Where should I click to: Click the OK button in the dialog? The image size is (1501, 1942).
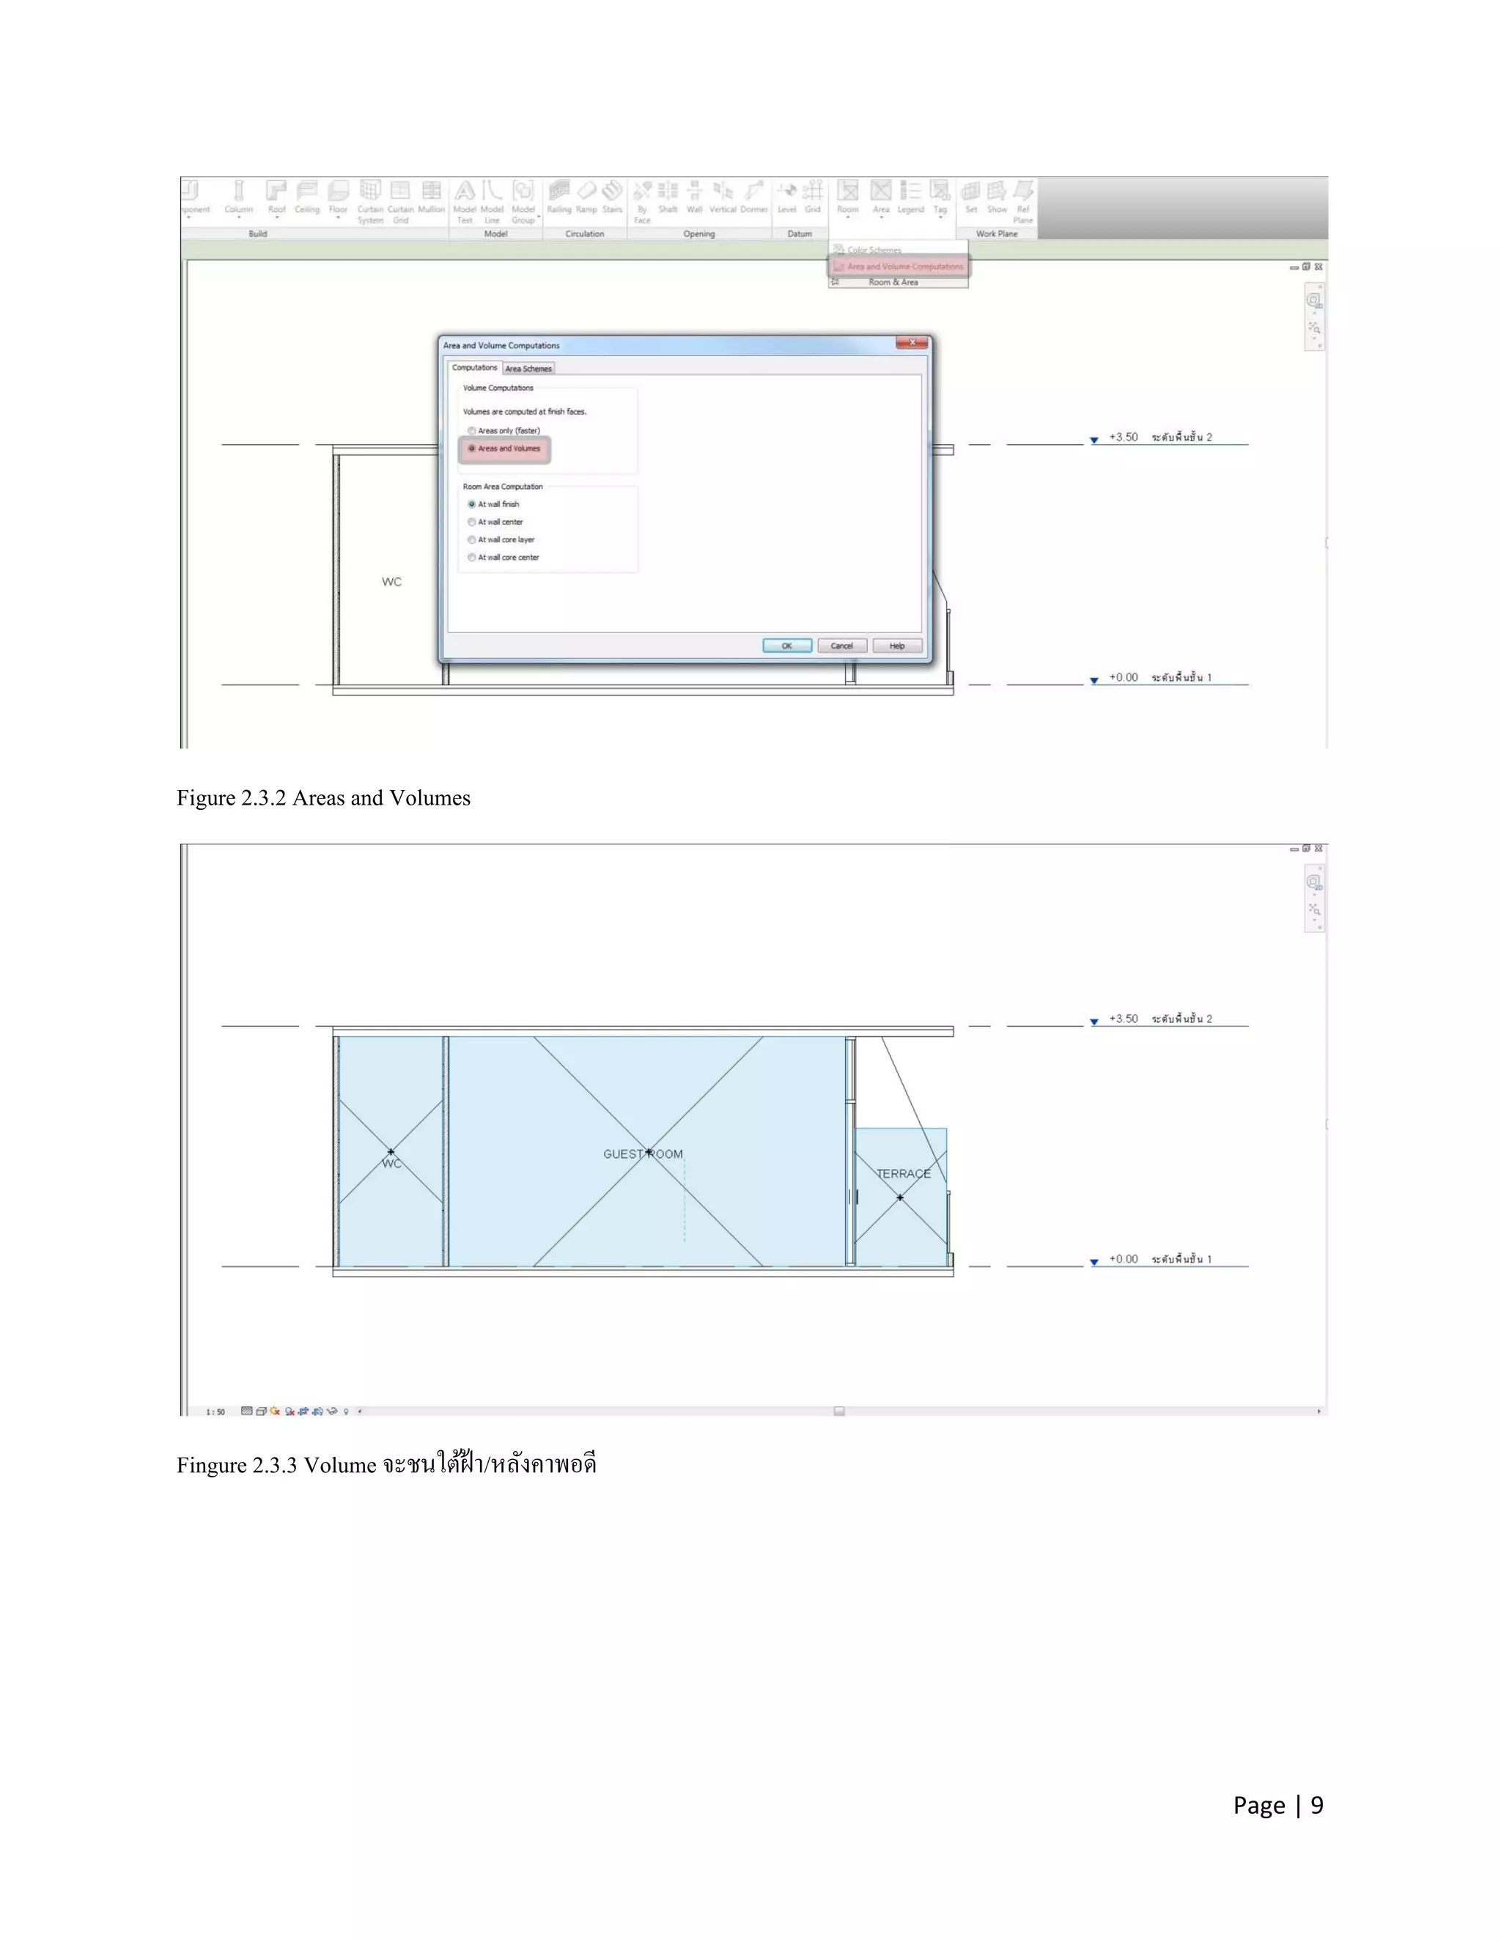(x=787, y=646)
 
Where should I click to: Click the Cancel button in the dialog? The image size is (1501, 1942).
(x=841, y=646)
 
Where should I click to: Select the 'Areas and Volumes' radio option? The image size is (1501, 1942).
(x=472, y=449)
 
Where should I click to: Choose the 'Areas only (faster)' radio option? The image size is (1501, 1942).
(x=472, y=431)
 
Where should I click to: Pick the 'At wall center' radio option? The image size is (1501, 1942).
(x=472, y=522)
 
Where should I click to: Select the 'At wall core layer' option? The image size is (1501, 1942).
(x=472, y=540)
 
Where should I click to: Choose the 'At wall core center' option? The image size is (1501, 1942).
(x=472, y=558)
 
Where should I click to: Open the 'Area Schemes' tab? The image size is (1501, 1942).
(x=528, y=368)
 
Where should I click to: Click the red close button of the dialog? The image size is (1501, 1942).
(x=912, y=342)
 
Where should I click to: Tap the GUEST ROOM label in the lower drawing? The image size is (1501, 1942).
(x=642, y=1154)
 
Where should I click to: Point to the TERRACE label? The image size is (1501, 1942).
(x=904, y=1174)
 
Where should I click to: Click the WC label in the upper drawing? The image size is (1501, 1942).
(x=391, y=582)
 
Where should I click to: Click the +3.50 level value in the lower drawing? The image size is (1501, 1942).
(x=1123, y=1019)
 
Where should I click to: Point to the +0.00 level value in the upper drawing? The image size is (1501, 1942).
(x=1123, y=678)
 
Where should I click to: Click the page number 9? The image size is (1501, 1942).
(x=1316, y=1805)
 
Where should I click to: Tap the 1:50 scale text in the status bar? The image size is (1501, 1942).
(x=215, y=1411)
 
